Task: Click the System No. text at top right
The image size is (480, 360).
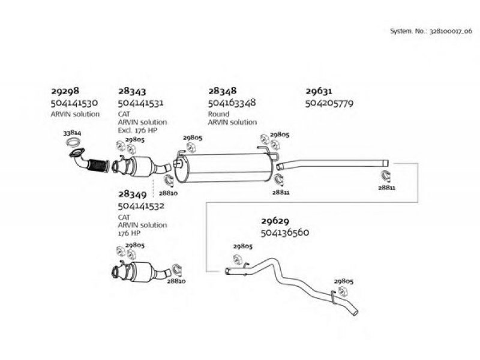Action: pyautogui.click(x=431, y=31)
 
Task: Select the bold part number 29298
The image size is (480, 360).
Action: pyautogui.click(x=65, y=91)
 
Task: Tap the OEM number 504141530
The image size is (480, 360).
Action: pyautogui.click(x=74, y=103)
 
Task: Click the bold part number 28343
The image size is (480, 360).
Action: pyautogui.click(x=132, y=91)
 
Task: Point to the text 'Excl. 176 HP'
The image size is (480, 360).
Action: pyautogui.click(x=137, y=130)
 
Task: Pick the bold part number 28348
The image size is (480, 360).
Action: pyautogui.click(x=223, y=91)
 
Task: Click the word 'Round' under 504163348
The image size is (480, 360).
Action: pyautogui.click(x=218, y=114)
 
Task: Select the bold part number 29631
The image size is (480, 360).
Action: pyautogui.click(x=319, y=91)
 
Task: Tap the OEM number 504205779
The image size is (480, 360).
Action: pyautogui.click(x=329, y=103)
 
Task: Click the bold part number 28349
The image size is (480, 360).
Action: pyautogui.click(x=133, y=194)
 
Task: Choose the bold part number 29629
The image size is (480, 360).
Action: pyautogui.click(x=275, y=221)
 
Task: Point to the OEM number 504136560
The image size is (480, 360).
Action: pyautogui.click(x=284, y=232)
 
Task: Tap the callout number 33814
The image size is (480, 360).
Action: pyautogui.click(x=72, y=133)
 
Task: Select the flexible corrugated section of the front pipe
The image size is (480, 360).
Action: pyautogui.click(x=98, y=166)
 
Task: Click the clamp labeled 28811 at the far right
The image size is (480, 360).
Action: pyautogui.click(x=386, y=176)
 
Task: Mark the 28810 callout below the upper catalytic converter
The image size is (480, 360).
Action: pyautogui.click(x=168, y=193)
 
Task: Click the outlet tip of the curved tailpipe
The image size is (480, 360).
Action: pyautogui.click(x=355, y=312)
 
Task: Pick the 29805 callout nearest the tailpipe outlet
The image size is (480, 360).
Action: pyautogui.click(x=343, y=281)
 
